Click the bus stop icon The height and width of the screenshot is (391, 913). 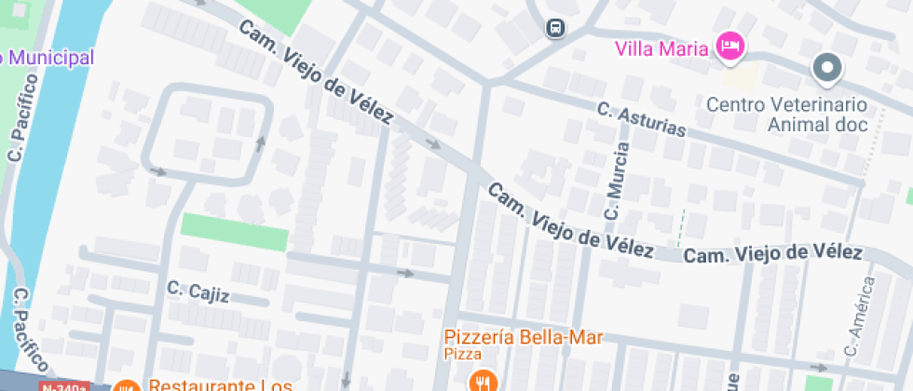[554, 28]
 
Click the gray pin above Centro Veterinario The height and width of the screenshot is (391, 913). [826, 67]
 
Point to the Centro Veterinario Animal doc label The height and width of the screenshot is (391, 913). [786, 114]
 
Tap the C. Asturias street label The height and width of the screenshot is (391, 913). [641, 120]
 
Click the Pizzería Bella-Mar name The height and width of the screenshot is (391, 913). [524, 337]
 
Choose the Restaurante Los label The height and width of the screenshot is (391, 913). [220, 384]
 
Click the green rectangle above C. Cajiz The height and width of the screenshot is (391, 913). [234, 232]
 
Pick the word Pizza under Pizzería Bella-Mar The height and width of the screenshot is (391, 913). [462, 355]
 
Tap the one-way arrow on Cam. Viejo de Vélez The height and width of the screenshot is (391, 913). [433, 143]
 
